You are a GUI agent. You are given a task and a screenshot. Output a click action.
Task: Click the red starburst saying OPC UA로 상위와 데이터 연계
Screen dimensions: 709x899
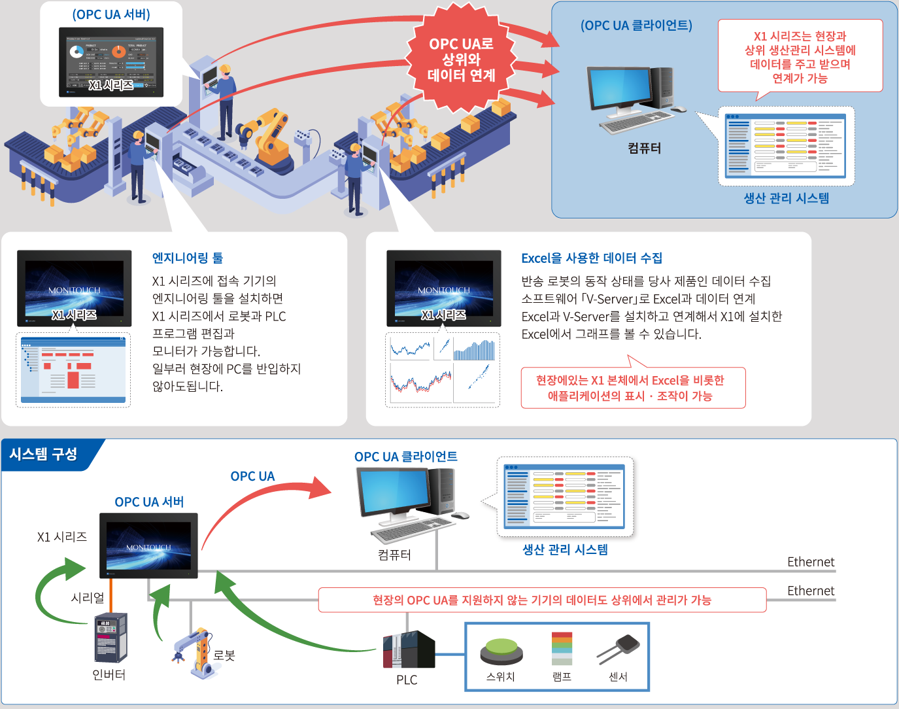point(461,59)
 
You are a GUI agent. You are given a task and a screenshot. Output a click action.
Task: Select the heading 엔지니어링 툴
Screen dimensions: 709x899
point(188,258)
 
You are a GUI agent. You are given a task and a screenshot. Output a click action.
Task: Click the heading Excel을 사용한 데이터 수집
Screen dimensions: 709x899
point(591,258)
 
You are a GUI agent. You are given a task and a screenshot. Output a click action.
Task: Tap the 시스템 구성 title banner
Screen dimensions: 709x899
point(44,454)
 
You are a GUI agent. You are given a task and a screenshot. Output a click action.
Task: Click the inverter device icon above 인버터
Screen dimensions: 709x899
point(110,638)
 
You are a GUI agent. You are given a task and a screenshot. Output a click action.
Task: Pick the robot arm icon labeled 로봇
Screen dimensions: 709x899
point(194,652)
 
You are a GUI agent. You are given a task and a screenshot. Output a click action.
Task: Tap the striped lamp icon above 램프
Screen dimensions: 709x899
point(562,648)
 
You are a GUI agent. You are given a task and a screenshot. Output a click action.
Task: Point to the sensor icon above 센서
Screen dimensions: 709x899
point(619,648)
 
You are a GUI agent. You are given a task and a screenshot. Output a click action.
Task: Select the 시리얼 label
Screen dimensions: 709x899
point(88,598)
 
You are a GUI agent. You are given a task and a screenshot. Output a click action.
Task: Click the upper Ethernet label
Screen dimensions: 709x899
point(811,562)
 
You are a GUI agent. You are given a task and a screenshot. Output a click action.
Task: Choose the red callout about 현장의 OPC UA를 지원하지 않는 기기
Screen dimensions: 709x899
point(541,600)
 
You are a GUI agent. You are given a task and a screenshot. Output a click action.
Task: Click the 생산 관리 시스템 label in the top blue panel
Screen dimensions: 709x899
point(786,198)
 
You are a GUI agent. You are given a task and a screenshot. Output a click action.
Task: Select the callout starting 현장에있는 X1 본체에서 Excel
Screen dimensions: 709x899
point(632,388)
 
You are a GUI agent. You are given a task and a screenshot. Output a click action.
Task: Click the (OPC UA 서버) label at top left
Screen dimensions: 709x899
point(111,14)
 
